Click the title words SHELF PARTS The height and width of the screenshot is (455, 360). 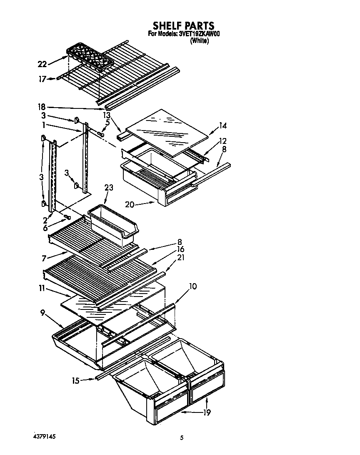point(183,26)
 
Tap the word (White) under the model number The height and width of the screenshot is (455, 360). point(199,41)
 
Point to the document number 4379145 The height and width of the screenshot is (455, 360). point(44,436)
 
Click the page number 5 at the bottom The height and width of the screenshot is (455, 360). point(182,437)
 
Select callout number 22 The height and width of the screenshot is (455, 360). point(42,64)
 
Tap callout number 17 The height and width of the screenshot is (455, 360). point(42,78)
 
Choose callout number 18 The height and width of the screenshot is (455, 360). point(42,107)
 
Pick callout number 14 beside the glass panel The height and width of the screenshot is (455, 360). point(223,125)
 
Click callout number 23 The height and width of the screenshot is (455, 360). point(108,188)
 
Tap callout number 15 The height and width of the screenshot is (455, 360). point(75,380)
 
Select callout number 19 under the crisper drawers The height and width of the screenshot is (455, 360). point(207,413)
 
